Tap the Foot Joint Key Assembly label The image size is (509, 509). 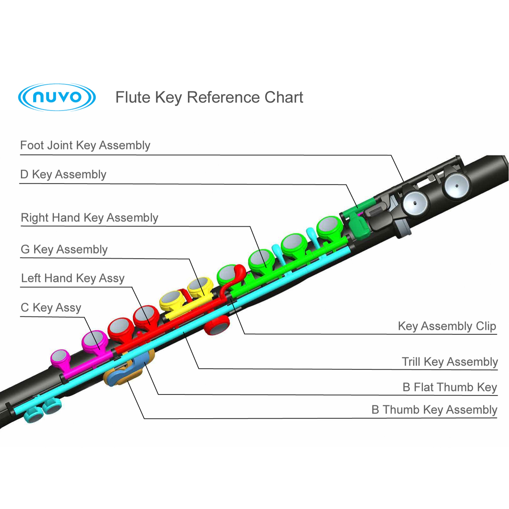85,145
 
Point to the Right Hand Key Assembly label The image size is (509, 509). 89,218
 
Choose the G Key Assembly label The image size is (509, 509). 64,249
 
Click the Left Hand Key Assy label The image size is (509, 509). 73,278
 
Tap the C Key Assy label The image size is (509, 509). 51,307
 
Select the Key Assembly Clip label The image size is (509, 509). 447,326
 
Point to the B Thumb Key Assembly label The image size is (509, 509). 434,410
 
